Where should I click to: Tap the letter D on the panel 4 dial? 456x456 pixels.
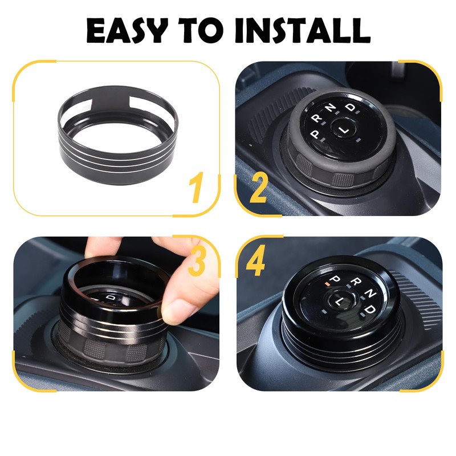[x=372, y=309]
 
